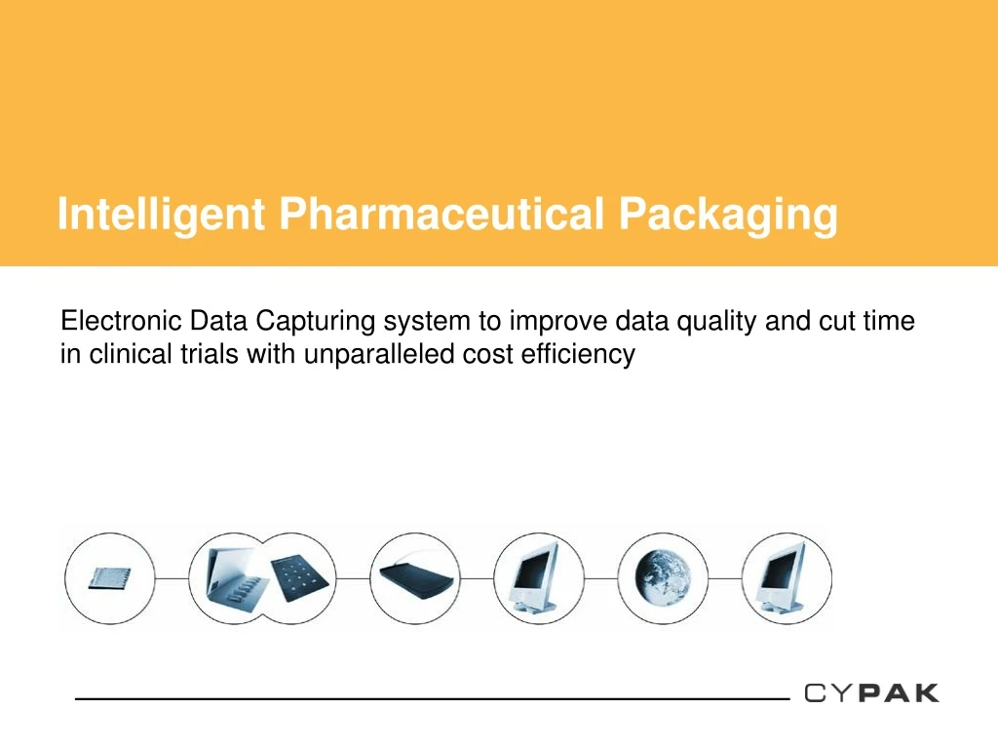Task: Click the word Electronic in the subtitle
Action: coord(122,321)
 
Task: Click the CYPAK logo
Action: coord(872,693)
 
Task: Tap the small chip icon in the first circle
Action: coord(110,577)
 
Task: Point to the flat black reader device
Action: coord(415,578)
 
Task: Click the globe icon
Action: coord(663,577)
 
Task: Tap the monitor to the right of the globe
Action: coord(787,577)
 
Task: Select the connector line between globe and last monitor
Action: coord(724,577)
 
